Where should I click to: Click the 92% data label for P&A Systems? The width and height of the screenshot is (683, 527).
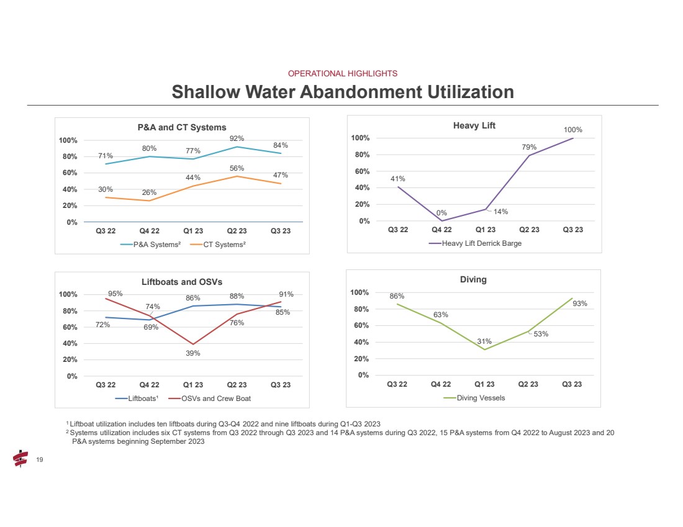[x=237, y=138]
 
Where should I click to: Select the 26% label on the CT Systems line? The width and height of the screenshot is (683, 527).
[x=149, y=192]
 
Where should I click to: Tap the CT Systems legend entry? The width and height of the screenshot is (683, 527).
[x=218, y=245]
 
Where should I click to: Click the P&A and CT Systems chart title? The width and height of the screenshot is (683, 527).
[x=182, y=127]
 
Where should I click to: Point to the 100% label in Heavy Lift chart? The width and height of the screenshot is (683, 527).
[x=573, y=130]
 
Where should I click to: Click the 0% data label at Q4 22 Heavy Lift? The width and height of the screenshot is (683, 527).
[x=441, y=213]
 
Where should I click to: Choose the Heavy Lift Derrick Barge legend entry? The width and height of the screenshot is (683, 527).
[x=475, y=243]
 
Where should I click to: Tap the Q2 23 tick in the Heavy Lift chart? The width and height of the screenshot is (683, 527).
[x=529, y=230]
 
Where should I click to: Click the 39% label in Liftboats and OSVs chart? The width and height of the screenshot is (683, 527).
[x=192, y=353]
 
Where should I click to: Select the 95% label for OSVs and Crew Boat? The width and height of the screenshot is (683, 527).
[x=115, y=294]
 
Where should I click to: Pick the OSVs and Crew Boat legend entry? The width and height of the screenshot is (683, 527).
[x=209, y=399]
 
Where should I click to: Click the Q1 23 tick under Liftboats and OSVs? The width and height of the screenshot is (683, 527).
[x=193, y=385]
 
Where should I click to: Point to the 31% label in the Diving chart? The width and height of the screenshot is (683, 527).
[x=484, y=341]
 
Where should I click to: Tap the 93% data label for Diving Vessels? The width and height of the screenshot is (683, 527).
[x=580, y=304]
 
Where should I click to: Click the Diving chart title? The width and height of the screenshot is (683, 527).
[x=473, y=279]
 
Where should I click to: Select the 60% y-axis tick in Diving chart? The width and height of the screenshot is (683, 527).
[x=361, y=325]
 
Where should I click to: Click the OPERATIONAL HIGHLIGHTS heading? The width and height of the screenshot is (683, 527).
[x=342, y=74]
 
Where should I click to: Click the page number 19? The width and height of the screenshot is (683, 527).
[x=40, y=459]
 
